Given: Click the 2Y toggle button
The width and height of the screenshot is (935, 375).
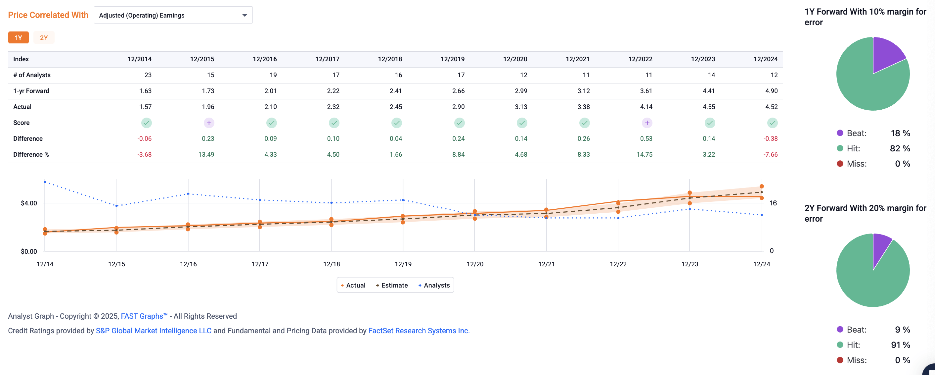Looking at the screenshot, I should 44,38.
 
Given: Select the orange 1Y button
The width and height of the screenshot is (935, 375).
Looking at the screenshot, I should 18,38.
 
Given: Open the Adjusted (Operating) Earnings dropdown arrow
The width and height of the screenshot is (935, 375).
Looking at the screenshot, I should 244,15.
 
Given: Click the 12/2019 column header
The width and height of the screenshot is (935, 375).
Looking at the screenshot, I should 452,59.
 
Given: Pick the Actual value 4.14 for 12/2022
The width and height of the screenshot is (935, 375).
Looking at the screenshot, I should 646,107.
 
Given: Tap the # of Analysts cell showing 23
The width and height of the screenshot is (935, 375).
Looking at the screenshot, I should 148,75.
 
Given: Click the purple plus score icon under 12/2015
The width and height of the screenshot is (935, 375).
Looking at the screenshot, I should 209,123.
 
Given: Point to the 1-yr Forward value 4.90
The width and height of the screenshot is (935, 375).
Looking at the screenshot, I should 771,91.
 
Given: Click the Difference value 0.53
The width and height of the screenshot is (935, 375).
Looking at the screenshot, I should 646,139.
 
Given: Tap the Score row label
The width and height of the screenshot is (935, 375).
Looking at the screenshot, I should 22,123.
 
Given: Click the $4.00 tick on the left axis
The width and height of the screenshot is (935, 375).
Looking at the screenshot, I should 29,203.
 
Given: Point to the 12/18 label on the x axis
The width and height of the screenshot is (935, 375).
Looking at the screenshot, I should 332,264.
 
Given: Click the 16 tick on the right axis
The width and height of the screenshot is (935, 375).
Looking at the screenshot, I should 773,203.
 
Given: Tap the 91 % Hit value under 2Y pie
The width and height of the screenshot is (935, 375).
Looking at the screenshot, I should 900,345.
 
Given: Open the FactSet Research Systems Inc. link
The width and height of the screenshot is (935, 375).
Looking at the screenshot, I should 419,331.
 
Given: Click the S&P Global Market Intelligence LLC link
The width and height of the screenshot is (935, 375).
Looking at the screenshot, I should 154,331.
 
